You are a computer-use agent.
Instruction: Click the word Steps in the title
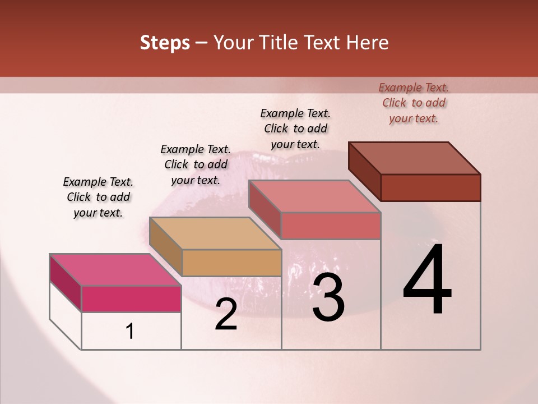(165, 43)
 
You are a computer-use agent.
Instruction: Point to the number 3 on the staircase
(328, 297)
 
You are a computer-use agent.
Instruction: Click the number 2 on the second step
(226, 314)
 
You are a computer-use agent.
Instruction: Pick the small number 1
(130, 331)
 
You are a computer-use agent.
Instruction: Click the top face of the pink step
(115, 270)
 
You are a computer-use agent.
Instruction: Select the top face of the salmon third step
(314, 196)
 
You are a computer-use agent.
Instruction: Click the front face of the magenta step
(131, 299)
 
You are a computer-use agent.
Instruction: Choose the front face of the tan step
(231, 263)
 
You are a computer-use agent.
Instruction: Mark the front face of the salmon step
(331, 226)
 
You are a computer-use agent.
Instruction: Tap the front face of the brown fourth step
(430, 187)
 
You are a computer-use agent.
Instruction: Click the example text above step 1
(98, 197)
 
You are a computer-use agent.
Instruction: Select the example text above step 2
(196, 164)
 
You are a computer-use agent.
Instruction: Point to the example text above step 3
(295, 128)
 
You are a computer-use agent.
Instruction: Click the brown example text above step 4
(414, 103)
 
